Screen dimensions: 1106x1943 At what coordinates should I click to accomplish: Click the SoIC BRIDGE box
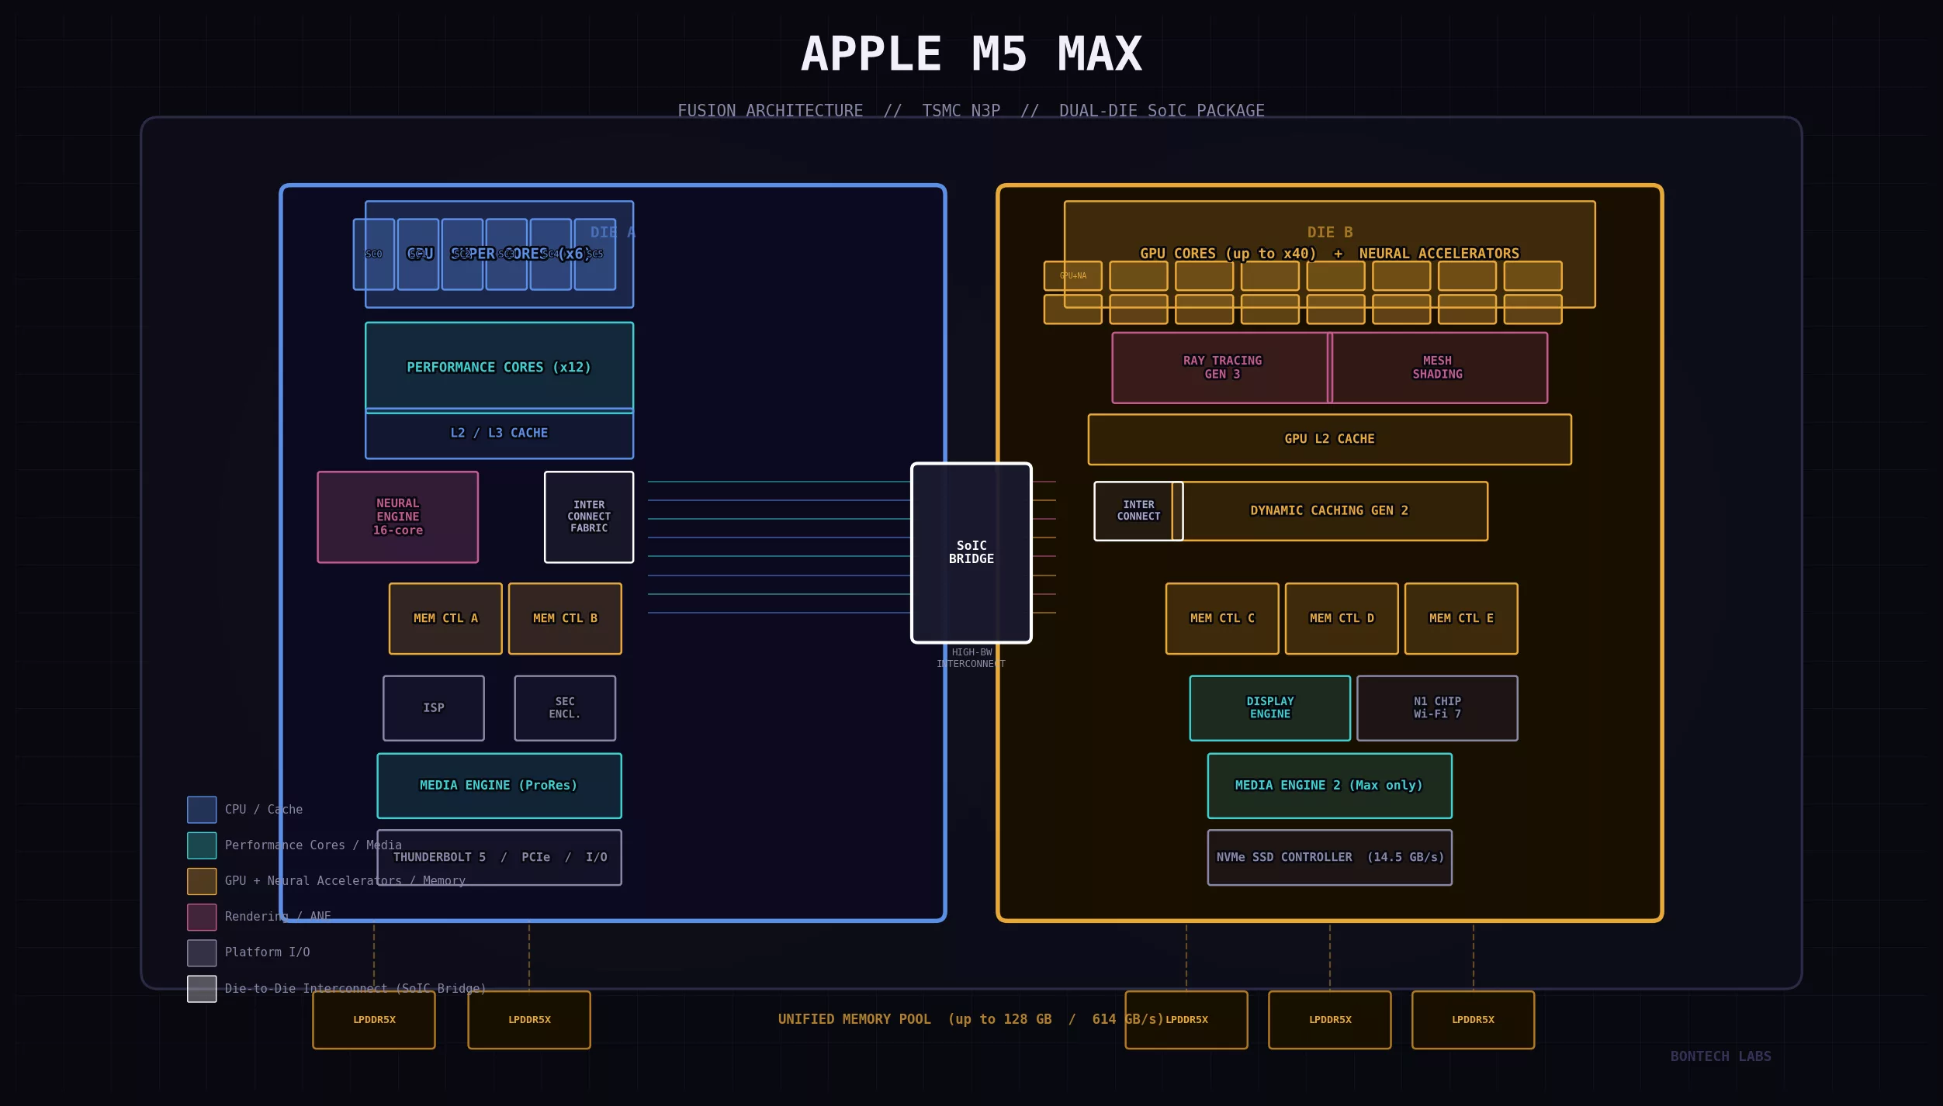click(x=971, y=552)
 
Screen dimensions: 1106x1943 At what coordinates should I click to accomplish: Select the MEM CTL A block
click(x=445, y=618)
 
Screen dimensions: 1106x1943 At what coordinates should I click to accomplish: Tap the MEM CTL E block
click(x=1460, y=618)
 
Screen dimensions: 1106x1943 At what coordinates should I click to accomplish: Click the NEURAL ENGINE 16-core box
click(x=397, y=517)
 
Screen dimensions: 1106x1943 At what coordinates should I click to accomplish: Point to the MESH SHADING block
click(x=1439, y=368)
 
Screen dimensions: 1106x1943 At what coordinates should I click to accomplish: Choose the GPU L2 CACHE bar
click(x=1328, y=439)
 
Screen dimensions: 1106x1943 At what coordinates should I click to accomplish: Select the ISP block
click(x=433, y=707)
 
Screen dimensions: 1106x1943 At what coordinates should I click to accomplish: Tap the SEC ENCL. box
click(x=564, y=707)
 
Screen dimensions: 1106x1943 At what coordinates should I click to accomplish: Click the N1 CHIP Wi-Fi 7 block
click(x=1436, y=707)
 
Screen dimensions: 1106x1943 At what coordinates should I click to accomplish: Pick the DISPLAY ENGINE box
click(x=1269, y=707)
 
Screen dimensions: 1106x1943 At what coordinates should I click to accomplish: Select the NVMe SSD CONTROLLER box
click(x=1328, y=857)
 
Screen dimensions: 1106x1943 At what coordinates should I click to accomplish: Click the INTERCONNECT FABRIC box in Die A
click(x=588, y=517)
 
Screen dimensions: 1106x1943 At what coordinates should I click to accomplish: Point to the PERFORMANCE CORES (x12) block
click(x=498, y=366)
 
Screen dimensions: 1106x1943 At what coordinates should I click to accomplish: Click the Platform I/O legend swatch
click(x=202, y=952)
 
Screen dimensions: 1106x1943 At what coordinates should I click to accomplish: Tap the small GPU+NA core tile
click(x=1072, y=275)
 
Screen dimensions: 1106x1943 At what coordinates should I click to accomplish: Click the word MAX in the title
click(x=1099, y=54)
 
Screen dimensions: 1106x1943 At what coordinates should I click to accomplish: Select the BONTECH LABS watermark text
click(x=1720, y=1056)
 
